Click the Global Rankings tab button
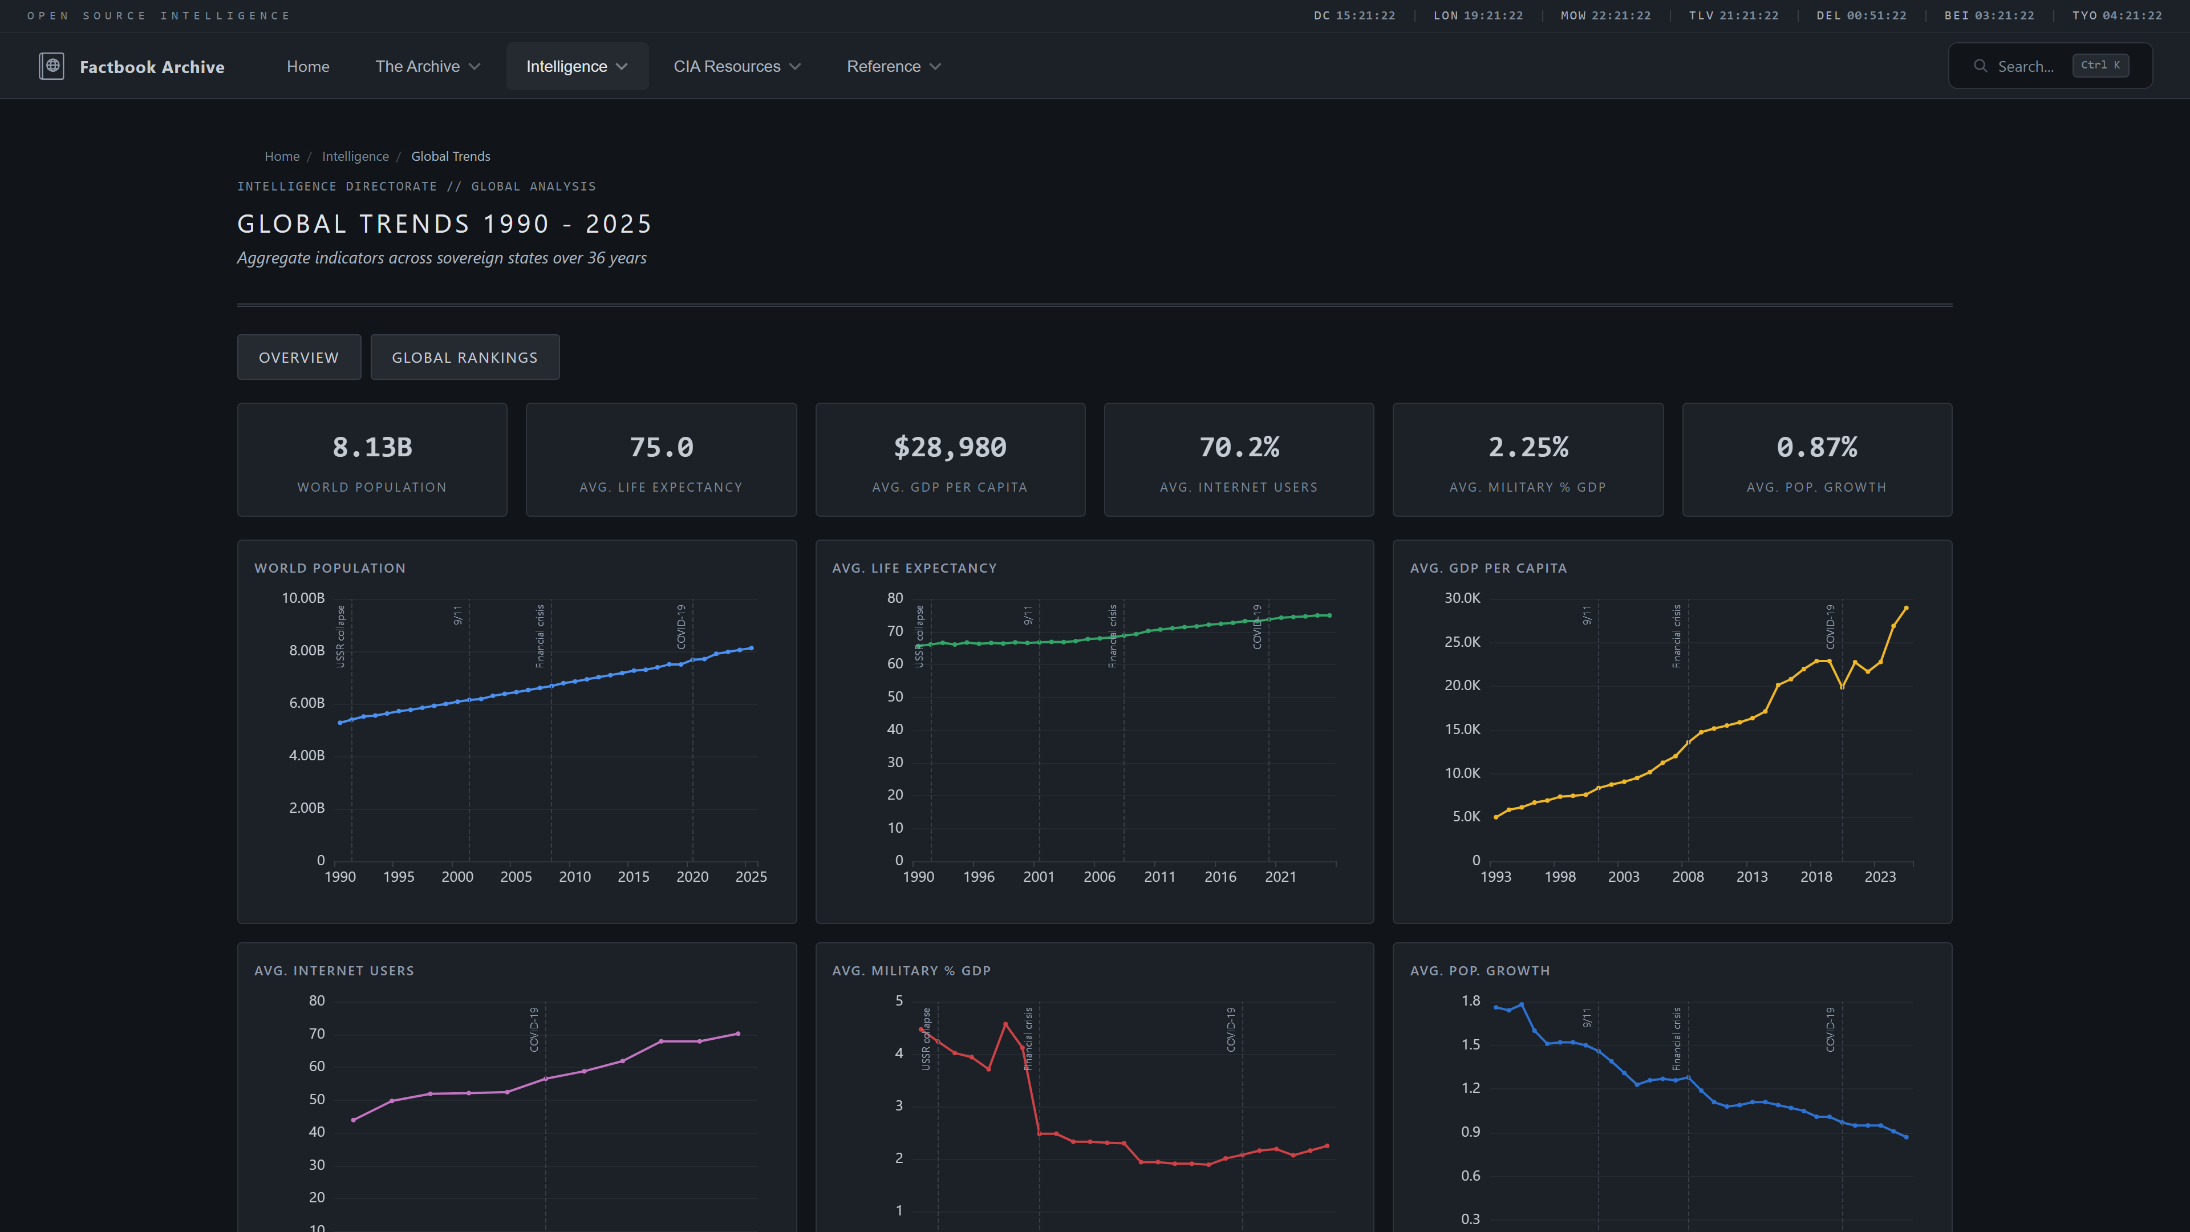(464, 357)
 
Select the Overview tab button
(298, 357)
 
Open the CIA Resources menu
(736, 66)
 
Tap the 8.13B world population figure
(371, 447)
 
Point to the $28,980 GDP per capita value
(950, 447)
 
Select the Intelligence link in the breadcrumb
(355, 156)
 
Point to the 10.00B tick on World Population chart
(303, 598)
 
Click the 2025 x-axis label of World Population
(751, 877)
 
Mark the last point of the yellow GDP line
(1906, 608)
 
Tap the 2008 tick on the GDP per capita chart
(1688, 877)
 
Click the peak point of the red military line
(1005, 1024)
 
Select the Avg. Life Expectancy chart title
(914, 568)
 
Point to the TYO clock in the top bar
(2116, 15)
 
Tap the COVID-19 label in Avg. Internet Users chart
(534, 1030)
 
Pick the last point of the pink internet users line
(737, 1034)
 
